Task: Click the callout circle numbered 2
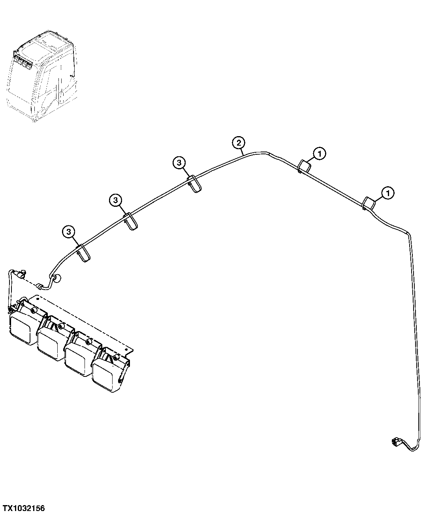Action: coord(239,143)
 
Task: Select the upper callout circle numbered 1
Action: coord(320,154)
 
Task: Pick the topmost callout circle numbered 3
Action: coord(179,163)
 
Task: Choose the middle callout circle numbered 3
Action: coord(116,200)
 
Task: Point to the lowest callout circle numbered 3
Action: coord(69,232)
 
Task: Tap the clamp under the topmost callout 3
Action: coord(195,184)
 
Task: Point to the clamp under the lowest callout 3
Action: coord(83,253)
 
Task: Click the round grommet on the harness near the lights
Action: coord(58,279)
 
